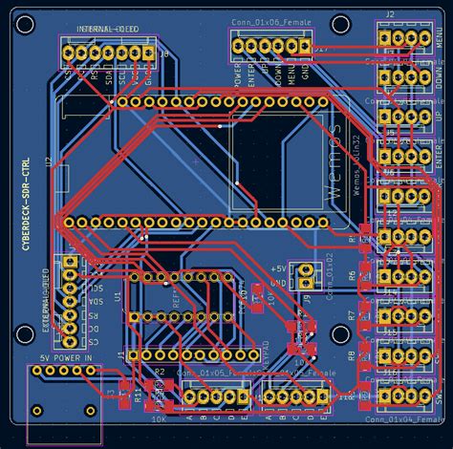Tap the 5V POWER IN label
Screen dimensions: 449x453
(x=66, y=358)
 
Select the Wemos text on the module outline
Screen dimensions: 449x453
(x=334, y=159)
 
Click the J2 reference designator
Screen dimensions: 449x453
(x=390, y=14)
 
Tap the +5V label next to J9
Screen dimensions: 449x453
(x=279, y=269)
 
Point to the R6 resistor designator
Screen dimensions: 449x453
(x=352, y=275)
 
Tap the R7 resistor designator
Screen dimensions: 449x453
(x=352, y=315)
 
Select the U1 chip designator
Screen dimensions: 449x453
(x=118, y=296)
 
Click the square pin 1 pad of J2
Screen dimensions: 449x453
(x=386, y=38)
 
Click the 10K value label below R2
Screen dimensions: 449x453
(x=159, y=418)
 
